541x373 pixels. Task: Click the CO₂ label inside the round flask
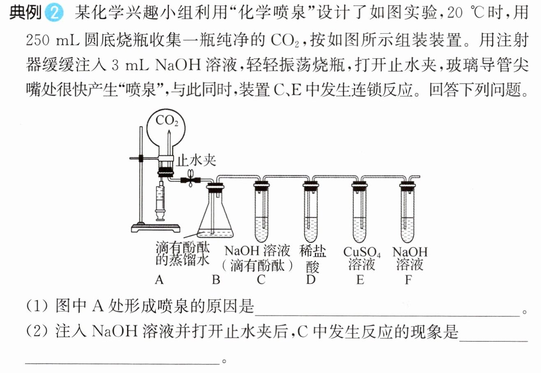(166, 120)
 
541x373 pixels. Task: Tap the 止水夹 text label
(196, 161)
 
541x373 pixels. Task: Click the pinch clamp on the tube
(191, 178)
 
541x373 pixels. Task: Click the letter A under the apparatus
(159, 280)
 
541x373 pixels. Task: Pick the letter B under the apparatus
(216, 280)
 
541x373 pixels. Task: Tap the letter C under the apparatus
(261, 280)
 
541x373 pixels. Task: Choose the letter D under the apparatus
(311, 280)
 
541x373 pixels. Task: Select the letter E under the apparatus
(360, 280)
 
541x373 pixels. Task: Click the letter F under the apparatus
(408, 280)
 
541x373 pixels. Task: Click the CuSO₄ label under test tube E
(361, 252)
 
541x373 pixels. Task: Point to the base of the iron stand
(155, 228)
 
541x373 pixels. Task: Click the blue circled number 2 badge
(54, 13)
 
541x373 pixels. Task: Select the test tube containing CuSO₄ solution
(359, 212)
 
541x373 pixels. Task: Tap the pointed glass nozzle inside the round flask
(169, 145)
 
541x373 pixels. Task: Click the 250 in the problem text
(37, 40)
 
